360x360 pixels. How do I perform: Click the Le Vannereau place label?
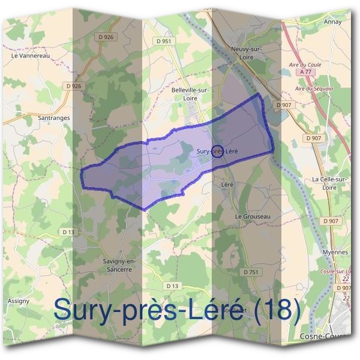(29, 55)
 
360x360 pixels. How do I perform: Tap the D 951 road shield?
(163, 41)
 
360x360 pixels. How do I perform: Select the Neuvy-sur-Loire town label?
(242, 52)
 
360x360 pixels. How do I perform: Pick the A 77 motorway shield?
(307, 71)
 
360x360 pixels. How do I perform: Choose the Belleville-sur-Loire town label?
(190, 94)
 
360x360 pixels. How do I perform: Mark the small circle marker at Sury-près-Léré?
(218, 151)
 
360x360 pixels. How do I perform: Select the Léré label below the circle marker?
(227, 184)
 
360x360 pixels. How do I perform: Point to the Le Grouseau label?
(253, 216)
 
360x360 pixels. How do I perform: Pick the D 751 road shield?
(253, 272)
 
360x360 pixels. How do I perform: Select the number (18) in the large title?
(275, 310)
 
